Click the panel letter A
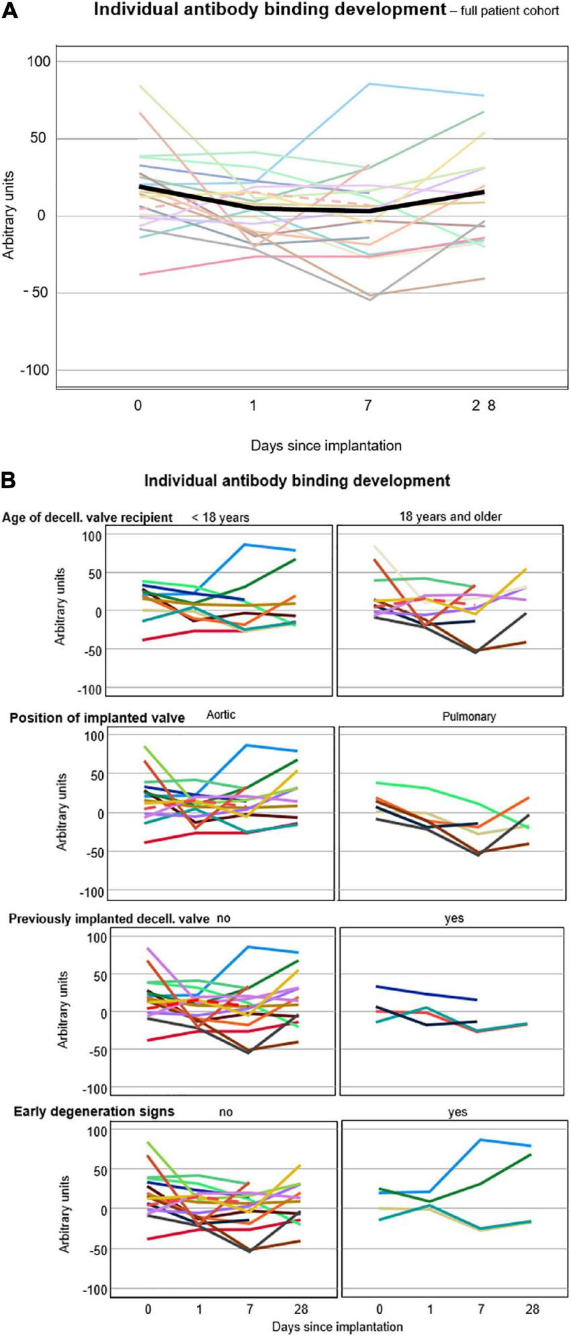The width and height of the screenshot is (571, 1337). click(9, 11)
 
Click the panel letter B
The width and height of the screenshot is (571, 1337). click(9, 480)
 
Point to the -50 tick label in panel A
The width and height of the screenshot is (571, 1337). click(37, 293)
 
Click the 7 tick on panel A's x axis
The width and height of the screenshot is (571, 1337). click(368, 406)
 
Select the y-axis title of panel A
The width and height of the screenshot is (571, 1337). click(9, 215)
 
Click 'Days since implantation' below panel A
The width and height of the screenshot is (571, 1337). click(326, 445)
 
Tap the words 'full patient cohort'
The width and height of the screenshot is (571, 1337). click(509, 11)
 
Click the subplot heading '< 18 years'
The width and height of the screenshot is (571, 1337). click(220, 518)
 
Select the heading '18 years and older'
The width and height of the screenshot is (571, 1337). click(450, 516)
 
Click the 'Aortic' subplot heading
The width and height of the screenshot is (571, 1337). click(220, 714)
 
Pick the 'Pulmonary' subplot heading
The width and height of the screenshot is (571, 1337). click(469, 717)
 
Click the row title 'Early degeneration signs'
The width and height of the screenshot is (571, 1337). click(94, 1111)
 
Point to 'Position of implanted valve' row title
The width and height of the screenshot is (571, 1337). click(97, 718)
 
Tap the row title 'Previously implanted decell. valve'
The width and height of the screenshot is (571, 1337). click(109, 919)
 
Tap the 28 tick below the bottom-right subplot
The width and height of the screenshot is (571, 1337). click(532, 1309)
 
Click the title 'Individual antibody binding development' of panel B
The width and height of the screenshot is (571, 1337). click(297, 481)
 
